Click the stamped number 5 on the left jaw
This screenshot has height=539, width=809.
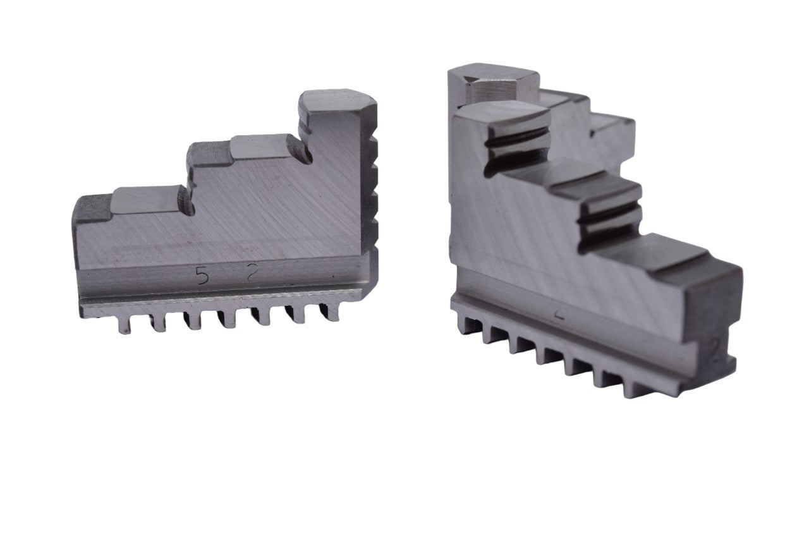(x=202, y=276)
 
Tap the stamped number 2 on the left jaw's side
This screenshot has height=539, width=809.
(x=252, y=273)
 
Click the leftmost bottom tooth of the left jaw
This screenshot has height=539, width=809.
(x=125, y=323)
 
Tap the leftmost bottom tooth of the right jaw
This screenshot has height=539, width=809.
(x=466, y=325)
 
